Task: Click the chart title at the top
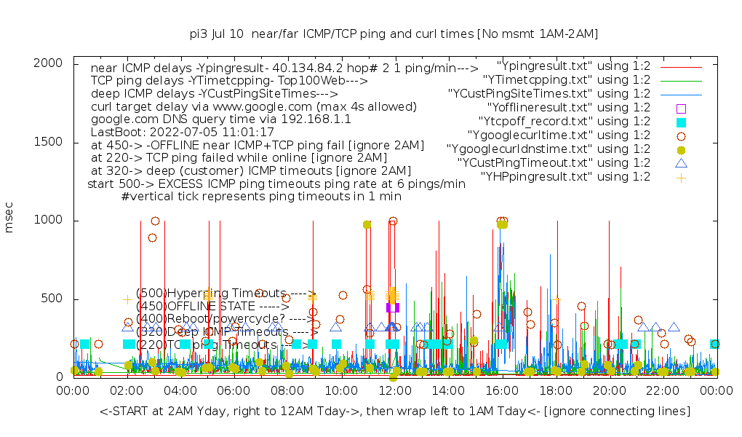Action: pyautogui.click(x=393, y=34)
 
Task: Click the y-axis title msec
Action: pyautogui.click(x=9, y=220)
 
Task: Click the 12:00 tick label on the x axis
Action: pyautogui.click(x=394, y=391)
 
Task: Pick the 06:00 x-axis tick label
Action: pyautogui.click(x=234, y=391)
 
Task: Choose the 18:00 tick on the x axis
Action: pyautogui.click(x=555, y=391)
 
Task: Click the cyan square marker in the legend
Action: pyautogui.click(x=681, y=121)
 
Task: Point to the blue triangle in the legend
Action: pyautogui.click(x=681, y=162)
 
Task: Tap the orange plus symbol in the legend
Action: pyautogui.click(x=681, y=176)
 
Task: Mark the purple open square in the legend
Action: pyautogui.click(x=681, y=107)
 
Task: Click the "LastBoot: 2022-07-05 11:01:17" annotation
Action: pyautogui.click(x=182, y=132)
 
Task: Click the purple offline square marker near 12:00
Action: pyautogui.click(x=393, y=307)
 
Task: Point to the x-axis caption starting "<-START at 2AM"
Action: pyautogui.click(x=395, y=412)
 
